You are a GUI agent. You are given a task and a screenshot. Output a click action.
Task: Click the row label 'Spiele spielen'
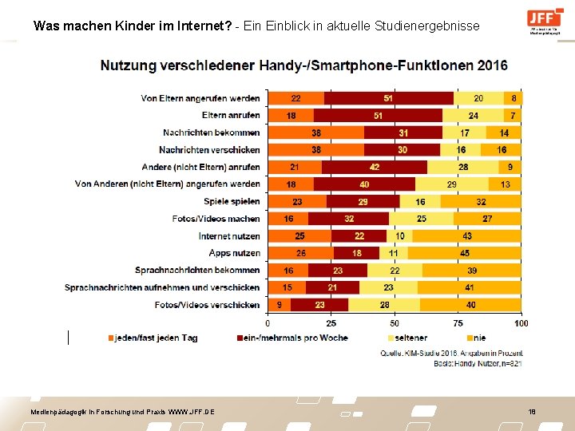click(232, 202)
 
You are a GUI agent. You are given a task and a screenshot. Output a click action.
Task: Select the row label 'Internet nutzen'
click(229, 236)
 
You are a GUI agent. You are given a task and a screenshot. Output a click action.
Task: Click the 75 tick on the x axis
click(458, 323)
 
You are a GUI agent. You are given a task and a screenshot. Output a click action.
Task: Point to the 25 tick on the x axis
click(331, 323)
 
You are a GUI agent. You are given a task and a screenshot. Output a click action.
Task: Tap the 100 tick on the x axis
click(521, 323)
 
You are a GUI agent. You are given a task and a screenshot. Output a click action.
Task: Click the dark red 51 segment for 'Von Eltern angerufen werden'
click(388, 98)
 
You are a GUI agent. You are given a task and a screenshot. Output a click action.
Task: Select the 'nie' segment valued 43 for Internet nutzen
click(466, 236)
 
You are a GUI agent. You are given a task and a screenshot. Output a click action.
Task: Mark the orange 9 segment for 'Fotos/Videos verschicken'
click(279, 305)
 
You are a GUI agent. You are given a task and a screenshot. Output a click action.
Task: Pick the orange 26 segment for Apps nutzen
click(300, 253)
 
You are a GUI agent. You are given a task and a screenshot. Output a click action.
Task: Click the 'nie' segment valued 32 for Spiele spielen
click(481, 202)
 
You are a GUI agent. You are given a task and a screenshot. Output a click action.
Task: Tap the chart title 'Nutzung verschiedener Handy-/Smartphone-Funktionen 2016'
click(303, 65)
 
